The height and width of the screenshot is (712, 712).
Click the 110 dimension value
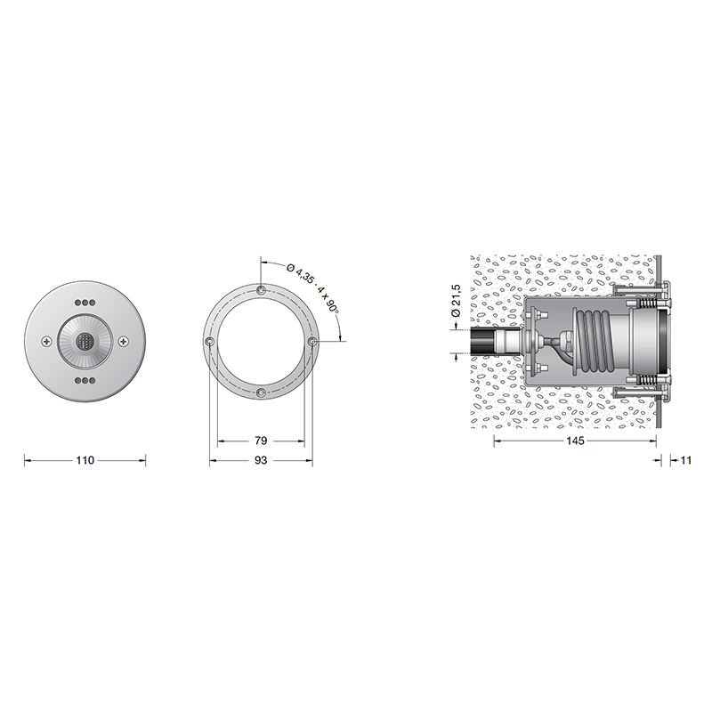pyautogui.click(x=85, y=461)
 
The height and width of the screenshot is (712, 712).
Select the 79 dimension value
pyautogui.click(x=261, y=441)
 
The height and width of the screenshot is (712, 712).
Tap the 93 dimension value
pyautogui.click(x=261, y=461)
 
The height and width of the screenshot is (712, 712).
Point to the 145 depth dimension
pyautogui.click(x=575, y=441)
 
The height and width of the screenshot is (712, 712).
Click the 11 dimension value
pyautogui.click(x=685, y=461)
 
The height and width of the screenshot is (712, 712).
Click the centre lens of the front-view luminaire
pyautogui.click(x=85, y=341)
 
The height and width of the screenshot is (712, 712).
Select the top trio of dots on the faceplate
pyautogui.click(x=85, y=302)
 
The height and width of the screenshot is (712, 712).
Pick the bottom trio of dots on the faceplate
pyautogui.click(x=85, y=380)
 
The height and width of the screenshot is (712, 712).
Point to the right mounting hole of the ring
pyautogui.click(x=311, y=342)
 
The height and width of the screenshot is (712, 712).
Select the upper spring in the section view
pyautogui.click(x=647, y=295)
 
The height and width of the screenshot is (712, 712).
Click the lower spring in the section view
pyautogui.click(x=647, y=388)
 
